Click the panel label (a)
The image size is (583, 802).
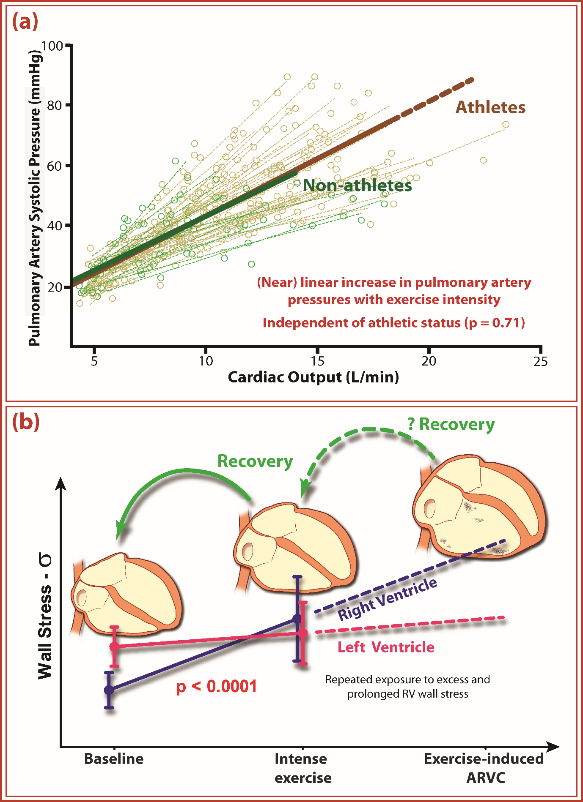point(25,22)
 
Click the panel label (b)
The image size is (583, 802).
point(26,422)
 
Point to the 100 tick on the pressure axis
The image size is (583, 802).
point(52,46)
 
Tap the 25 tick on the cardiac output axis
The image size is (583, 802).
point(540,361)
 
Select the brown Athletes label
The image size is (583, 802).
point(490,107)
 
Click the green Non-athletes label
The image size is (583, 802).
point(357,185)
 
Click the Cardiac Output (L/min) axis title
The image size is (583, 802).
point(313,377)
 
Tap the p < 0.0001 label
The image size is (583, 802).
point(217,687)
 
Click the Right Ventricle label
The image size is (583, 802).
point(387,599)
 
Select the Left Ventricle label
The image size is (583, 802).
point(386,647)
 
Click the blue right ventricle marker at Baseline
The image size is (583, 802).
point(109,690)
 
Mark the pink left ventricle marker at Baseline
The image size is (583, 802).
point(114,647)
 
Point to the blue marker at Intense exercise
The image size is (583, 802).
point(297,619)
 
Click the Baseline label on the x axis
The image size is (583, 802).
point(114,758)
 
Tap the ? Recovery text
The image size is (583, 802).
point(451,424)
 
